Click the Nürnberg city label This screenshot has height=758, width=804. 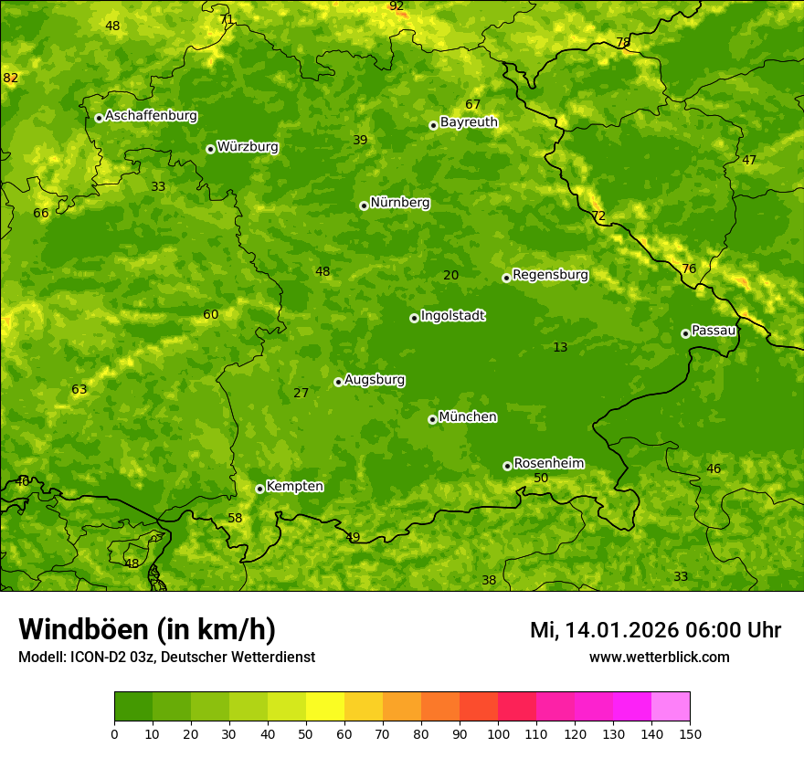(399, 203)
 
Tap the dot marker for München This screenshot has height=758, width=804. (432, 419)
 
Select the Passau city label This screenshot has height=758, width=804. (714, 331)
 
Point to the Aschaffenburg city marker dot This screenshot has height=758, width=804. (99, 118)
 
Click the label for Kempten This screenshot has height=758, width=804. (294, 487)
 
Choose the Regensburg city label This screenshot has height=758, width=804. (550, 275)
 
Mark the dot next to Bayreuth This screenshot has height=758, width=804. (433, 125)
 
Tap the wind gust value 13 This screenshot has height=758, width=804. (560, 347)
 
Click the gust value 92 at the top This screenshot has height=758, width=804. (397, 6)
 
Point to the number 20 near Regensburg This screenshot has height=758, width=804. (450, 275)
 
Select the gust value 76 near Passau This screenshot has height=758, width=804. (689, 268)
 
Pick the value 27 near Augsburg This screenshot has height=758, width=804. (301, 393)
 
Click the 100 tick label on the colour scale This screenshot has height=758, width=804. (497, 733)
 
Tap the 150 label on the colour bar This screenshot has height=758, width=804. (689, 733)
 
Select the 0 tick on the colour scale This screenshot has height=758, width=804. (114, 733)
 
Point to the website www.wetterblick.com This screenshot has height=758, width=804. (659, 657)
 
